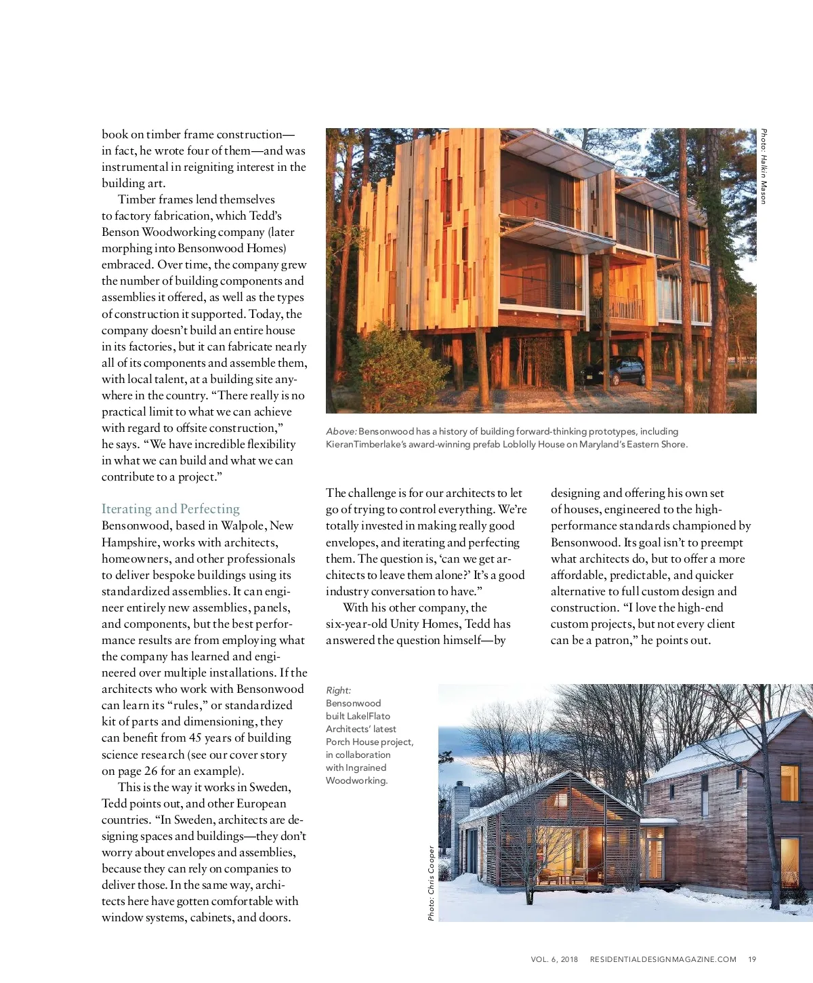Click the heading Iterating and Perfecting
171,508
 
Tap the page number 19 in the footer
752,959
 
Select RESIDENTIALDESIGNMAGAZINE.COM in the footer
663,959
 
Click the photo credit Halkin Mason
763,166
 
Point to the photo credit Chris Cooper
431,883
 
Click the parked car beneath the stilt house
614,371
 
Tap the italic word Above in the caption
341,431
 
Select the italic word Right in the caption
338,690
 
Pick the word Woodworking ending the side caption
356,780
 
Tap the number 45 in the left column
195,738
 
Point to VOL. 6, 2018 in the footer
554,959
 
